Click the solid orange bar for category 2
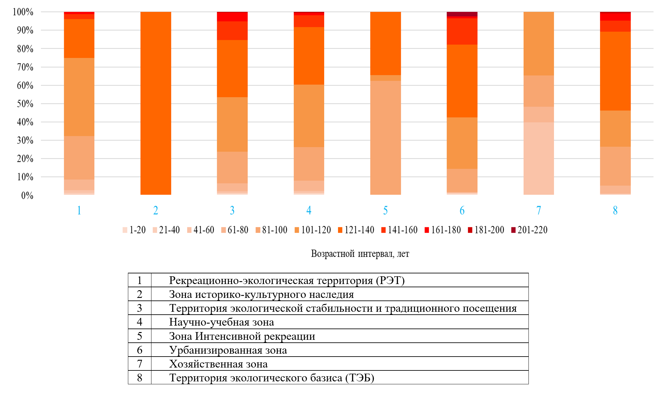point(156,103)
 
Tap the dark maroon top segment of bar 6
point(462,14)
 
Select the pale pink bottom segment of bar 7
point(538,158)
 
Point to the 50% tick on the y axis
point(25,104)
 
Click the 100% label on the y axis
point(23,12)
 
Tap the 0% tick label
point(27,195)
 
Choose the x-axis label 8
point(615,211)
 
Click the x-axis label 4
point(309,211)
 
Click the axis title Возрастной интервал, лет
point(360,254)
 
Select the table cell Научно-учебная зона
point(221,322)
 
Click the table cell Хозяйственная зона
point(218,364)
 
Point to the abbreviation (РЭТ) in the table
point(390,280)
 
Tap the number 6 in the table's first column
point(140,350)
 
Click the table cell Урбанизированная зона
point(228,350)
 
